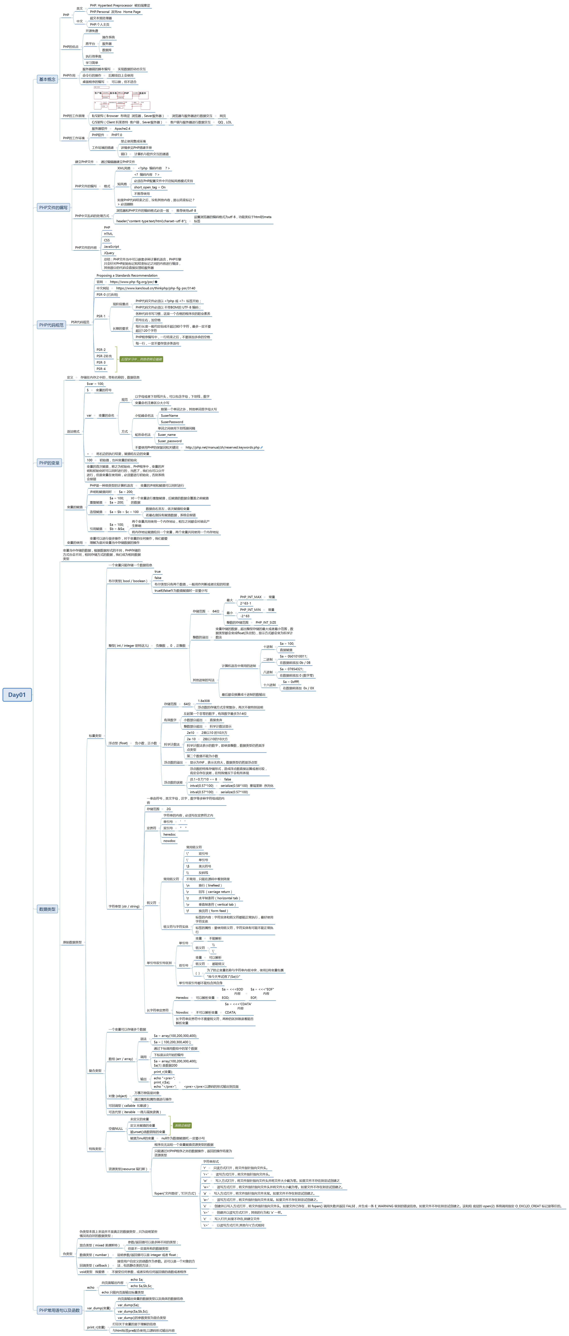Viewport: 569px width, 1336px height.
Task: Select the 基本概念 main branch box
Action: [x=47, y=79]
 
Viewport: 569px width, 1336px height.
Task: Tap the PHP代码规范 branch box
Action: [x=51, y=325]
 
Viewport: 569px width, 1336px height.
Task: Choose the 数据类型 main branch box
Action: [x=47, y=909]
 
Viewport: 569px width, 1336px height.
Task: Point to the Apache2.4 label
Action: [x=122, y=129]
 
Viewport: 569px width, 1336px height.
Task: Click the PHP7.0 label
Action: [x=117, y=135]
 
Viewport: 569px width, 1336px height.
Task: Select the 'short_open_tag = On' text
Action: [x=150, y=187]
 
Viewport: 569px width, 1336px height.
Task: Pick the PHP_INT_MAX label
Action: [x=251, y=597]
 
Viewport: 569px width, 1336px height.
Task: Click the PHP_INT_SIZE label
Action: [x=266, y=622]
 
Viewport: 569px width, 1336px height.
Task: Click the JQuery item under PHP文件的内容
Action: [x=109, y=253]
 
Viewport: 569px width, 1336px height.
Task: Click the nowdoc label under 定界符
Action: [x=169, y=841]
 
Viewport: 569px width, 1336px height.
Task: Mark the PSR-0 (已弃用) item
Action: [x=107, y=295]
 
